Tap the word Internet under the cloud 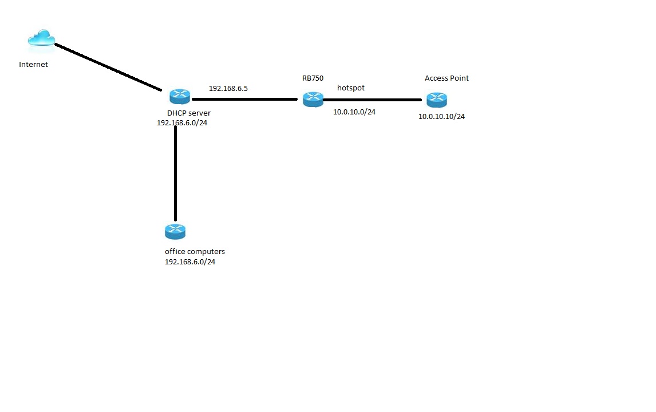[33, 65]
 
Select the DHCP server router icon [180, 96]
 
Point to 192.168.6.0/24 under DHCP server [181, 122]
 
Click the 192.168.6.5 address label [228, 89]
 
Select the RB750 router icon [313, 98]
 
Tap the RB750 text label [313, 78]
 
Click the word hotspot [350, 88]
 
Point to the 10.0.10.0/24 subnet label [354, 112]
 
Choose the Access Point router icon [436, 100]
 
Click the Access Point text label [446, 78]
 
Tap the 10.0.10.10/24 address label [441, 117]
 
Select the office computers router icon [175, 231]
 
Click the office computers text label [195, 252]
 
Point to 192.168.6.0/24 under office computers [190, 262]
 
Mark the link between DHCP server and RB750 [244, 99]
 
